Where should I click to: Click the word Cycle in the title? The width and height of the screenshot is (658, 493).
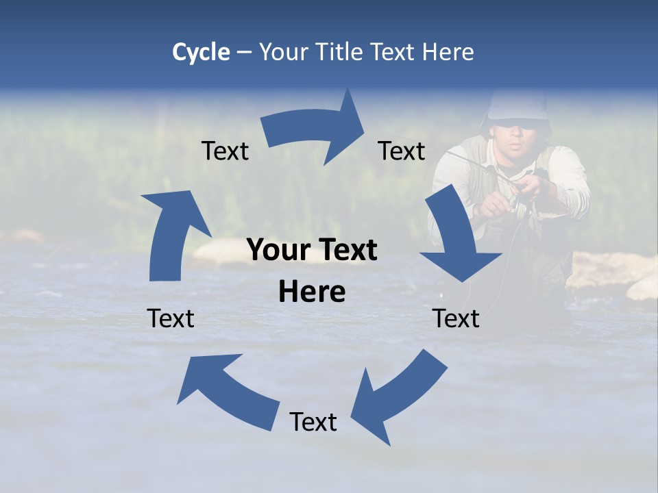(201, 52)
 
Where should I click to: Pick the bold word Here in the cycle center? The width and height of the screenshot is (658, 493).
(312, 292)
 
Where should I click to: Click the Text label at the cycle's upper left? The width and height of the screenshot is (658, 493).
(225, 151)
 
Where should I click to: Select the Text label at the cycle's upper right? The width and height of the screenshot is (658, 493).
(402, 151)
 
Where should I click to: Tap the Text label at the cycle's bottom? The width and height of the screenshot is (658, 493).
(313, 422)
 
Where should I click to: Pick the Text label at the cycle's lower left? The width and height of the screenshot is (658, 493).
(171, 318)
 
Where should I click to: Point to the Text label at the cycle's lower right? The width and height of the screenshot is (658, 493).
(456, 318)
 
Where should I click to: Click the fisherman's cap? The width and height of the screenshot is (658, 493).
(517, 107)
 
